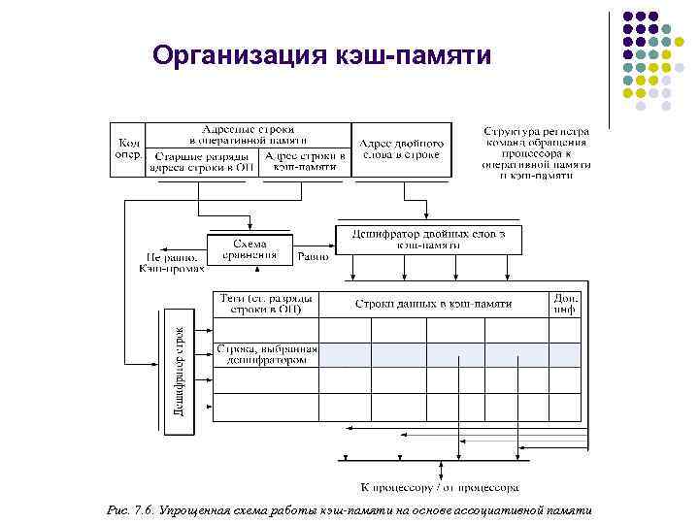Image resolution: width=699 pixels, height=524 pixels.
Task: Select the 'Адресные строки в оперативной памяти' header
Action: coord(248,135)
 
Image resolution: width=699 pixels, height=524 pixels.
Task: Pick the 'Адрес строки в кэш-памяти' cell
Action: coord(306,161)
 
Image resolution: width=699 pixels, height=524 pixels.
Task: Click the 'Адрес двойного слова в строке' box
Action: coord(402,148)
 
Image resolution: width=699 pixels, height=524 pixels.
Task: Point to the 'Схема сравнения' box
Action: coord(250,249)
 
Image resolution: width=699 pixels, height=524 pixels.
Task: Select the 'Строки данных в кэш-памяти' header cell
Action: coord(433,304)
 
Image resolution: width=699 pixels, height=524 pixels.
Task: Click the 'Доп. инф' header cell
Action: coord(565,304)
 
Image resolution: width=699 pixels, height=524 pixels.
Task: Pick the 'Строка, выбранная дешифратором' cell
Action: coord(267,354)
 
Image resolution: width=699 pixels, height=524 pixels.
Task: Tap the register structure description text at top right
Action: coord(537,152)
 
